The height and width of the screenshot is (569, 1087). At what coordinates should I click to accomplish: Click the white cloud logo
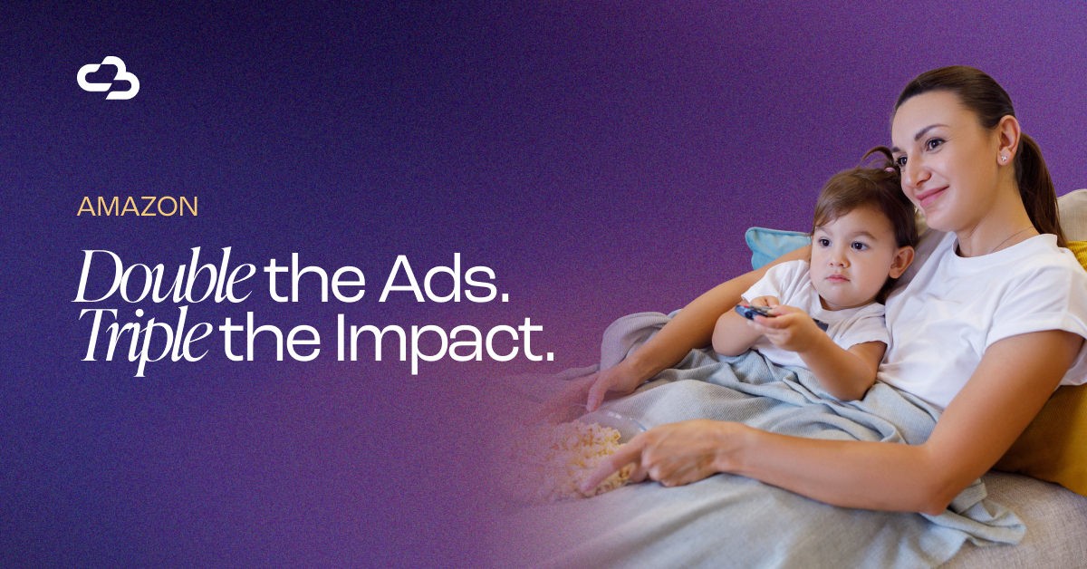pos(108,78)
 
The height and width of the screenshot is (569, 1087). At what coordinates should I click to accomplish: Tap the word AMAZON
pos(138,207)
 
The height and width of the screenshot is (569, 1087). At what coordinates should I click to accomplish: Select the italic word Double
pos(164,275)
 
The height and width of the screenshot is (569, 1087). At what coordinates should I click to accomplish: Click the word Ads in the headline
pos(444,278)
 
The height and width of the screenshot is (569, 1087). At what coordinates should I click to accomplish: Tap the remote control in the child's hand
pos(757,312)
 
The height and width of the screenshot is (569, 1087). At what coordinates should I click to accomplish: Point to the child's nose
pos(835,260)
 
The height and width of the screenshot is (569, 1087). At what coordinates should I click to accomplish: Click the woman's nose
pos(909,177)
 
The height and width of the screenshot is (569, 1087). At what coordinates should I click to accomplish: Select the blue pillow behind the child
pos(775,246)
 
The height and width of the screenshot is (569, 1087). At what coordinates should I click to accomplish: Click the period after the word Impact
pos(549,358)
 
